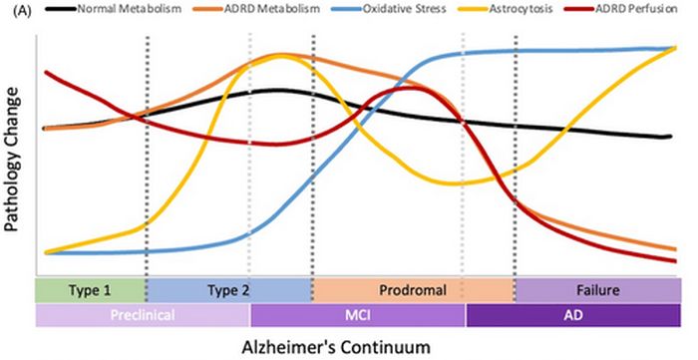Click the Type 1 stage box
[x=90, y=290]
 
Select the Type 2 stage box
[x=228, y=290]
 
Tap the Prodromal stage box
[x=413, y=290]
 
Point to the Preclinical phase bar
[x=143, y=314]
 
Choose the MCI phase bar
[x=358, y=314]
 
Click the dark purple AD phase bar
[x=566, y=314]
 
